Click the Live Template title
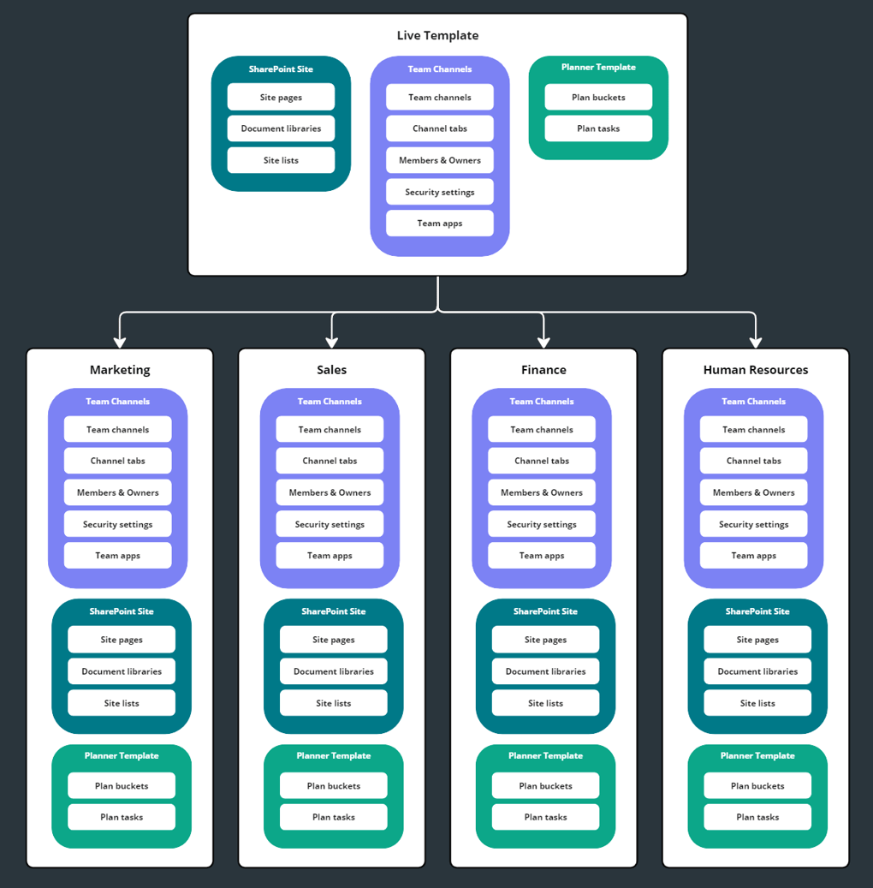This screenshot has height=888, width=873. click(x=437, y=36)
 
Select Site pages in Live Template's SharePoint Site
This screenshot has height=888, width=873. click(x=281, y=98)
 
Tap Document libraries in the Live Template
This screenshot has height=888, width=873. click(x=281, y=128)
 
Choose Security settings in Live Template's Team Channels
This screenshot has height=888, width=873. click(x=439, y=192)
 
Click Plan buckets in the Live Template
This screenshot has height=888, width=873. click(x=598, y=98)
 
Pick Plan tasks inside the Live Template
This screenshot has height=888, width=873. click(x=598, y=128)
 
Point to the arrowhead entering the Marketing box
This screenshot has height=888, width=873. click(x=120, y=342)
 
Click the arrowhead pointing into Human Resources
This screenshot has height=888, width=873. click(x=756, y=342)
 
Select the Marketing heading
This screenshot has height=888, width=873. click(x=120, y=370)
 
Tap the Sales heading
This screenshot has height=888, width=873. click(x=331, y=370)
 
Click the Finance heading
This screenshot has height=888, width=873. click(x=543, y=370)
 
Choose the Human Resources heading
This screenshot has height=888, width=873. click(x=755, y=370)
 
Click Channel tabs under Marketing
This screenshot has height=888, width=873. click(x=118, y=461)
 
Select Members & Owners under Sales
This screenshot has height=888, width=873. click(x=330, y=492)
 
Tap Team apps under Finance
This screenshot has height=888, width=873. click(x=542, y=556)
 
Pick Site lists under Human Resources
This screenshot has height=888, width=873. click(x=757, y=703)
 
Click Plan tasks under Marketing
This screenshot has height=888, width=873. click(x=122, y=817)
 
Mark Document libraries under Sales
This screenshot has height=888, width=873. click(x=333, y=671)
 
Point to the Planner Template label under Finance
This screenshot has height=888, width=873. click(x=545, y=755)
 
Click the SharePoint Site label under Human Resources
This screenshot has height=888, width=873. click(x=757, y=611)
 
